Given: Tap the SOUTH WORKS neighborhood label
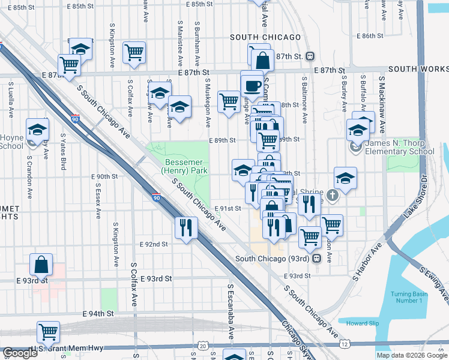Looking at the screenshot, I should click(x=418, y=70).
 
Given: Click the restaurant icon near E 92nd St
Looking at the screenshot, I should click(x=185, y=227).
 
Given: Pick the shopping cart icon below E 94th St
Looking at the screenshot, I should click(x=48, y=331).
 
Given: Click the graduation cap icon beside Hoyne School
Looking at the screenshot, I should click(x=38, y=130).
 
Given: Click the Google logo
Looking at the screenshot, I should click(x=20, y=353).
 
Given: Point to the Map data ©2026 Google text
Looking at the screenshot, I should click(x=412, y=355).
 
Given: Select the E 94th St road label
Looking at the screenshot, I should click(x=98, y=314).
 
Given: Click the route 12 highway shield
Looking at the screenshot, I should click(x=344, y=345).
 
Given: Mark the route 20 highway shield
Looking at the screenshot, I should click(x=203, y=346).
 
